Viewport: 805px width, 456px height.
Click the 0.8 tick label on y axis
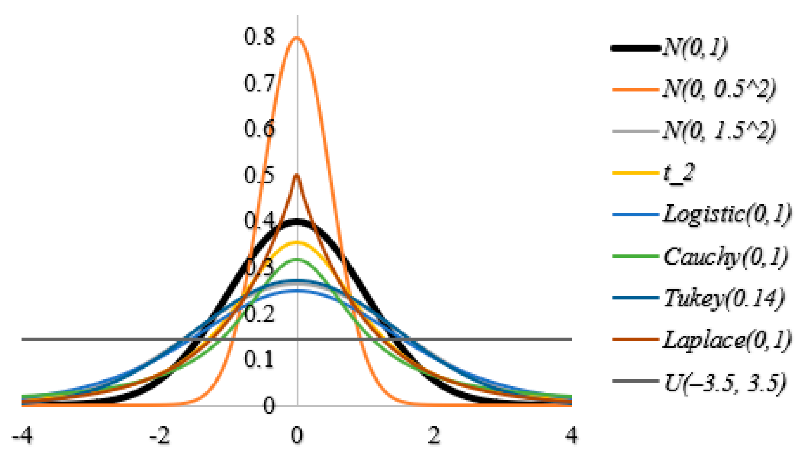pyautogui.click(x=259, y=37)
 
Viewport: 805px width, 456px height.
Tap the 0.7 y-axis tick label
pyautogui.click(x=259, y=83)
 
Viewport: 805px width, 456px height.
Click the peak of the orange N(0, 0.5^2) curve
pyautogui.click(x=297, y=38)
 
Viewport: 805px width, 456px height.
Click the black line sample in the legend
pyautogui.click(x=635, y=48)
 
